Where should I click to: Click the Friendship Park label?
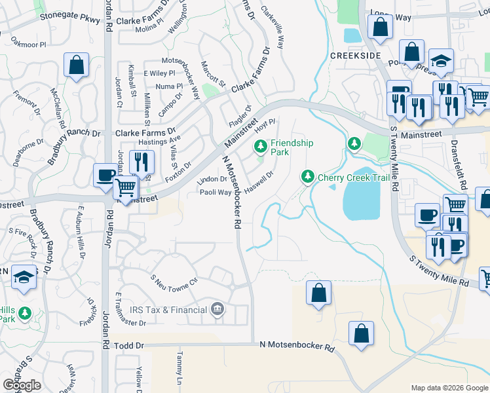click(x=292, y=147)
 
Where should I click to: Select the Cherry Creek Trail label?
click(x=349, y=178)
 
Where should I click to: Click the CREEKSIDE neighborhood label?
click(x=355, y=56)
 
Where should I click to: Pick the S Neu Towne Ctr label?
click(x=174, y=281)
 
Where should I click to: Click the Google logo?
click(x=22, y=385)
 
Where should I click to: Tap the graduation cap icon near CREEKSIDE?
click(x=442, y=60)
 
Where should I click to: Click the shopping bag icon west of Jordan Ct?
click(x=77, y=65)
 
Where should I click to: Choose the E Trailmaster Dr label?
click(x=130, y=310)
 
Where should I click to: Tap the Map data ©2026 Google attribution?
click(x=449, y=388)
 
